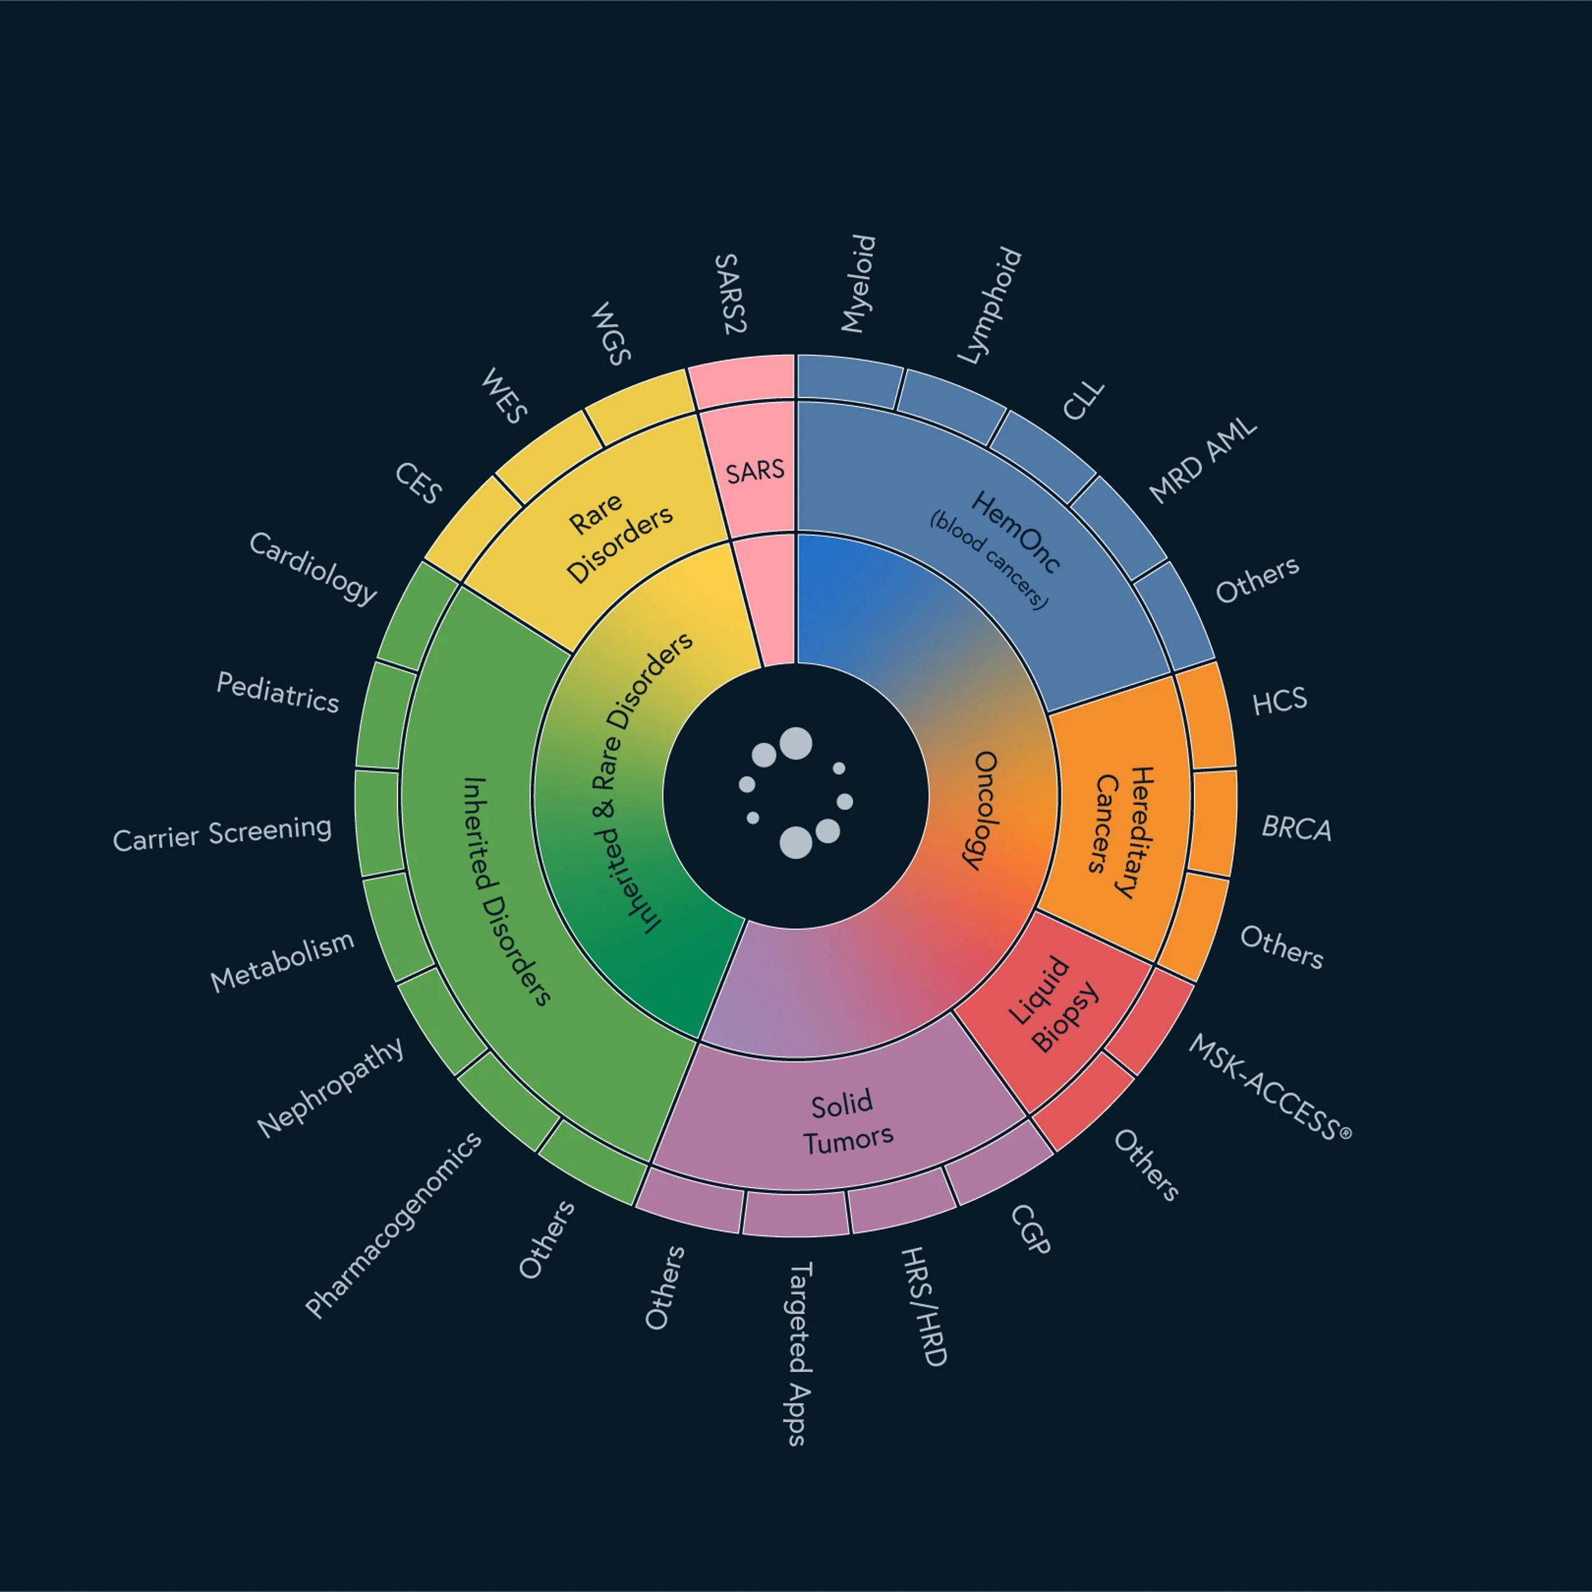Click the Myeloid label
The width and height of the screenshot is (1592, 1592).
click(858, 283)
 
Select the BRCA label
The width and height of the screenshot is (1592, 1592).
click(1296, 827)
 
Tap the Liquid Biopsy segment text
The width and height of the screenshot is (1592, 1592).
click(1055, 1004)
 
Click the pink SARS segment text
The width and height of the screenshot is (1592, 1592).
click(755, 471)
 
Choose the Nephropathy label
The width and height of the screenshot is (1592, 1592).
click(330, 1087)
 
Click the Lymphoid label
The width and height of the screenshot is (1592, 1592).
click(990, 306)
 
